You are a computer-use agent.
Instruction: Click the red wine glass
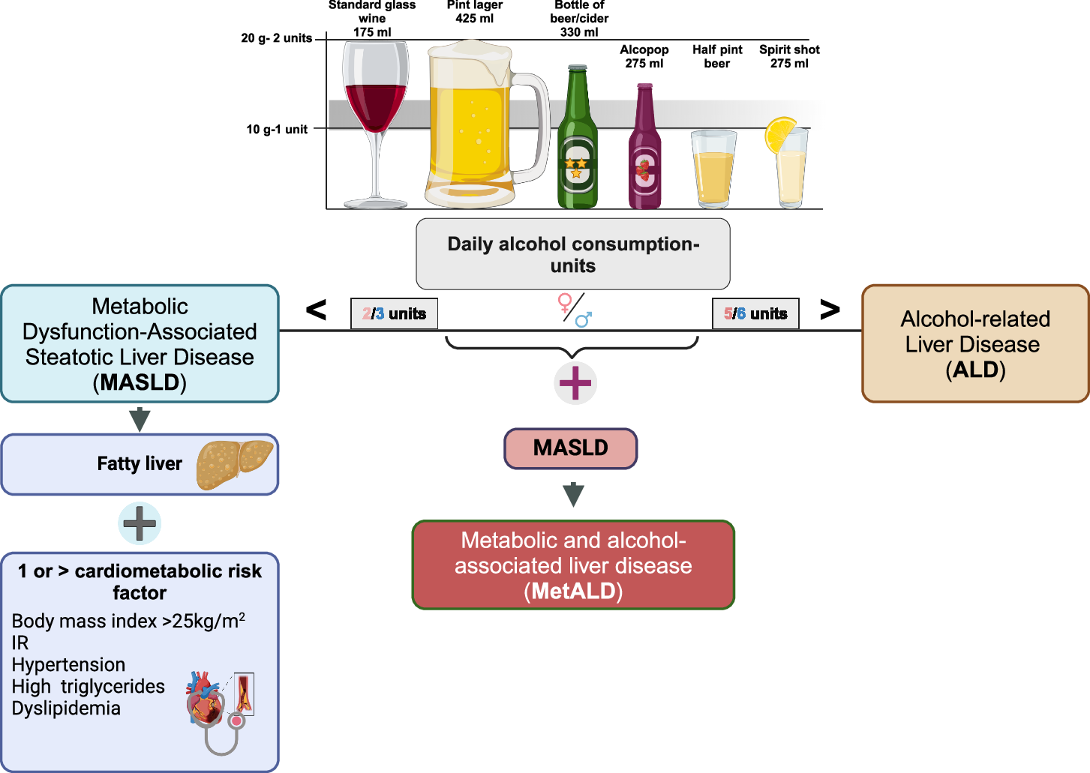tap(375, 124)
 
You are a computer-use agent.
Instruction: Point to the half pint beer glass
tap(714, 169)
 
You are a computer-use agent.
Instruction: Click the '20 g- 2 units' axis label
tap(276, 38)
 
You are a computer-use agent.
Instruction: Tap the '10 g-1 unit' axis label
tap(277, 130)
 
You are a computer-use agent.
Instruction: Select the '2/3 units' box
tap(394, 313)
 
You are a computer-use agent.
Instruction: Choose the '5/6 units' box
tap(755, 313)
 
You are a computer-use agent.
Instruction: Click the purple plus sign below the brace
tap(575, 383)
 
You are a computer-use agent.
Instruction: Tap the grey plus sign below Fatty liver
tap(140, 523)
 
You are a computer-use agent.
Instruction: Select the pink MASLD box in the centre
tap(571, 448)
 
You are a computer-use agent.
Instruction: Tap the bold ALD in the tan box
tap(976, 370)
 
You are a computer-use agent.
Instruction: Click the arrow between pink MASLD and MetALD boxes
tap(573, 495)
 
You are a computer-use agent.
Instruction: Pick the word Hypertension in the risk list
tap(68, 664)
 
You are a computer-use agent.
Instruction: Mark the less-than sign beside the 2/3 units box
tap(316, 310)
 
